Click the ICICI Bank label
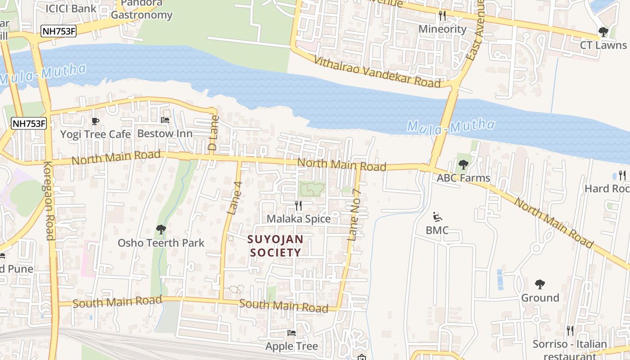(71, 8)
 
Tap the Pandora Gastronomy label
(141, 10)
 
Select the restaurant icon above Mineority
(442, 16)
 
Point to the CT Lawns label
(603, 45)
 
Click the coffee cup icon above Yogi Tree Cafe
(95, 121)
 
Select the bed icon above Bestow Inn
(165, 120)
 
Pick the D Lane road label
(213, 133)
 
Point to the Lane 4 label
(235, 198)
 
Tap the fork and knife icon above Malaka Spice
(298, 206)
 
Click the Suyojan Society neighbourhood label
(275, 246)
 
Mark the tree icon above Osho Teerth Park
(161, 230)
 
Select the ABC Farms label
(463, 178)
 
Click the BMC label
(437, 230)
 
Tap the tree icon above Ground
(540, 284)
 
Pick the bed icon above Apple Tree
(292, 333)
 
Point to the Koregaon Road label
(48, 200)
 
